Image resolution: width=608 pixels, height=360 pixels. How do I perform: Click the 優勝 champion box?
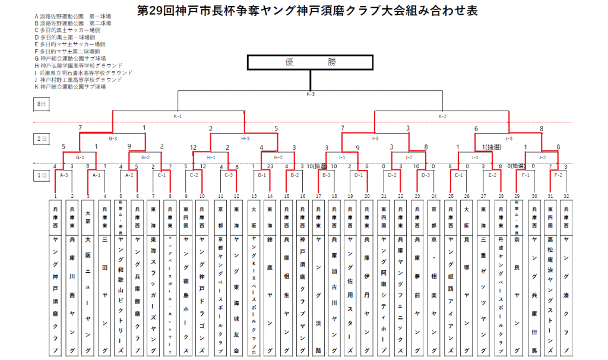(310, 62)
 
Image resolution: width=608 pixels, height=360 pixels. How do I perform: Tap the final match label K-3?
(310, 94)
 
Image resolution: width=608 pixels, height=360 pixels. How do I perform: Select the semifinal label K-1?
(178, 116)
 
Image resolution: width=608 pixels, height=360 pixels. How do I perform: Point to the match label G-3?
(113, 138)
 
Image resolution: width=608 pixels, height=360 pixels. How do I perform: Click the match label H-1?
(211, 157)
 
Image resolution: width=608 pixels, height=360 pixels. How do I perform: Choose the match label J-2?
(541, 157)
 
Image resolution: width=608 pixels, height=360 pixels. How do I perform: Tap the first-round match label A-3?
(64, 175)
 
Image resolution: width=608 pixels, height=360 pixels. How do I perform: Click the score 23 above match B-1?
(270, 166)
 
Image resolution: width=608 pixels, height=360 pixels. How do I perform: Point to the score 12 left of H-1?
(194, 147)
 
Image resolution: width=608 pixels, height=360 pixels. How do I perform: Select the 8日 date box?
(42, 104)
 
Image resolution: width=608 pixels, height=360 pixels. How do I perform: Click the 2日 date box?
(42, 138)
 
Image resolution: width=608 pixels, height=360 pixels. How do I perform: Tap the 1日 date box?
(42, 175)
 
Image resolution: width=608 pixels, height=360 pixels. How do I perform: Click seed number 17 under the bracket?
(319, 195)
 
